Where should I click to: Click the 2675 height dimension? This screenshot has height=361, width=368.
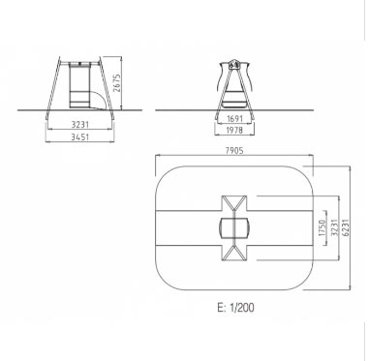(117, 83)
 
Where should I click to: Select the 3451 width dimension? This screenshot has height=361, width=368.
(79, 137)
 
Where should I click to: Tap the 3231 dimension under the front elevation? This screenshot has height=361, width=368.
(80, 124)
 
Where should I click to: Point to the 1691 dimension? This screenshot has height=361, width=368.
(234, 119)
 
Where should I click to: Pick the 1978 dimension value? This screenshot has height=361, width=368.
(234, 131)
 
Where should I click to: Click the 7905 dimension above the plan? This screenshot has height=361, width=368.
(234, 150)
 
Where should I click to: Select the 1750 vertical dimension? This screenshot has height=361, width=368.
(322, 227)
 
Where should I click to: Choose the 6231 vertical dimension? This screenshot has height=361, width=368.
(346, 227)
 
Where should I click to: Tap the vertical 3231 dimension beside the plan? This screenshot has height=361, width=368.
(334, 227)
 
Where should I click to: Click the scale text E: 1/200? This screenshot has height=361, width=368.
(235, 308)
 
